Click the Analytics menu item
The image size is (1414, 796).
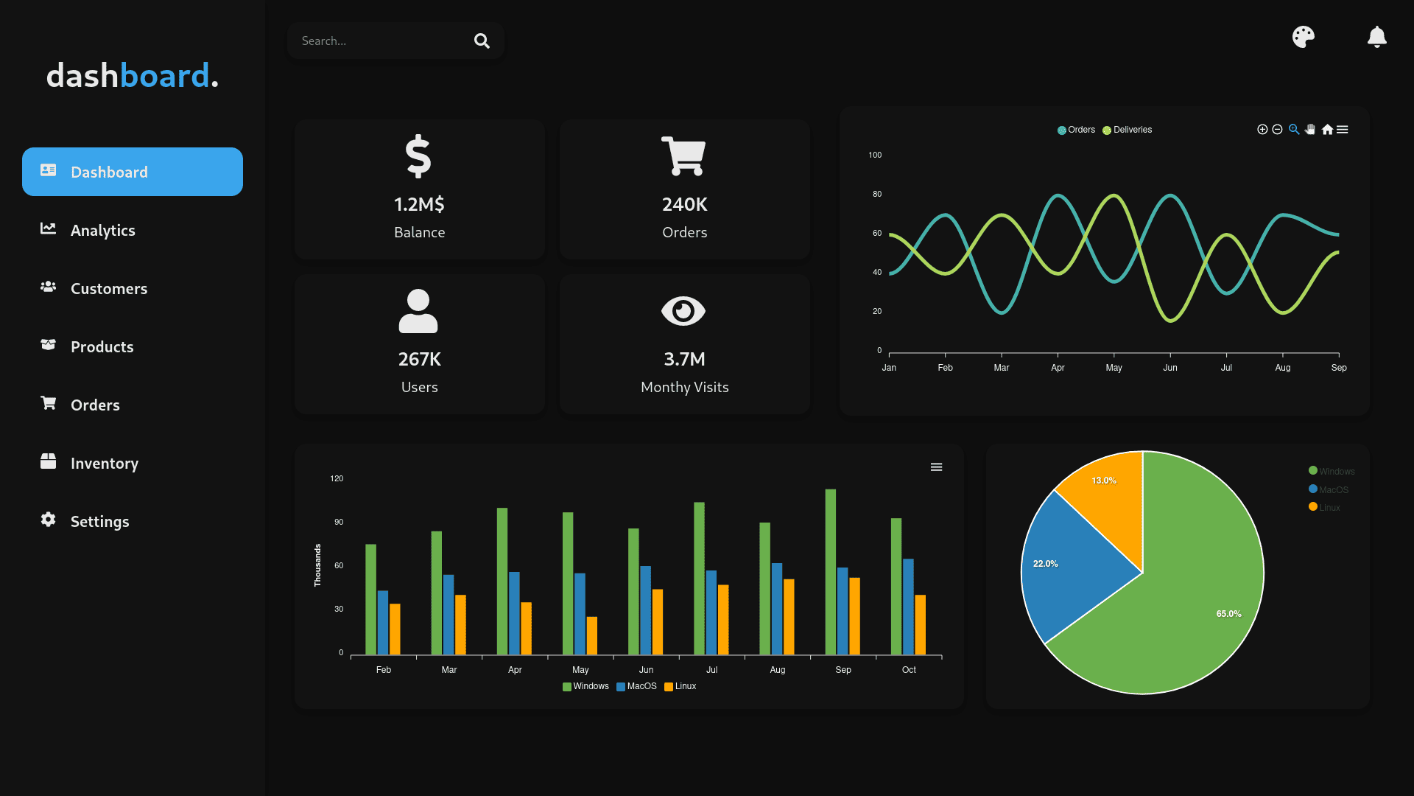click(x=102, y=231)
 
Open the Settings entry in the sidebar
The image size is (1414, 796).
click(x=99, y=522)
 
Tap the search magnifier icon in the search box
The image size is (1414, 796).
click(x=482, y=41)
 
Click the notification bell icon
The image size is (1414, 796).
click(x=1376, y=37)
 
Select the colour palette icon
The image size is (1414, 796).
click(x=1303, y=37)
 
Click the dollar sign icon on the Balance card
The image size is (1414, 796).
click(x=418, y=156)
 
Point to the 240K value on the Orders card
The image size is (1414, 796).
click(x=684, y=204)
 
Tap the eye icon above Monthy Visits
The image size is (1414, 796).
click(x=683, y=311)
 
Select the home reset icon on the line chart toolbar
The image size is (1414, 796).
click(x=1327, y=130)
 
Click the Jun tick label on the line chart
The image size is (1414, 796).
click(x=1169, y=368)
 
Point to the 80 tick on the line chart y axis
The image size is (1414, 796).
click(x=876, y=195)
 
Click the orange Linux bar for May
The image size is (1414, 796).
click(x=592, y=635)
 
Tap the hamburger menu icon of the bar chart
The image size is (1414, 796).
click(x=936, y=467)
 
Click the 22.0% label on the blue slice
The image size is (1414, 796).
click(x=1045, y=564)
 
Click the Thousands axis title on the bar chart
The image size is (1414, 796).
click(x=317, y=565)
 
